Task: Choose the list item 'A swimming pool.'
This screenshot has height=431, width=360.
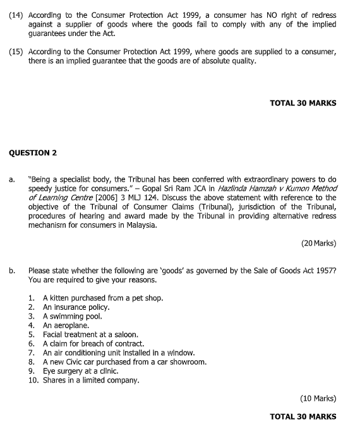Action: tap(72, 316)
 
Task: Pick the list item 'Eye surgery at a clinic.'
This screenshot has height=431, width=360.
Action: tap(80, 372)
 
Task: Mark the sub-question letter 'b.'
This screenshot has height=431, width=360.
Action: tap(13, 271)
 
